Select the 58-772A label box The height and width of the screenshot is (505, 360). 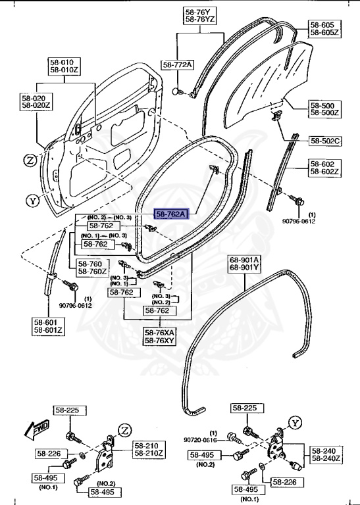[x=178, y=64]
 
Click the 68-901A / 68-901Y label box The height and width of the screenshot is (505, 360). [x=244, y=263]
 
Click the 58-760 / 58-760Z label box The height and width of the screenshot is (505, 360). [x=92, y=267]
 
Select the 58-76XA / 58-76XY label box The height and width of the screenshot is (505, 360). [x=161, y=337]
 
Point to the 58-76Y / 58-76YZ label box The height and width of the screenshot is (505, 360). [x=200, y=16]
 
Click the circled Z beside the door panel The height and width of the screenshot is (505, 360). [x=30, y=160]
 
